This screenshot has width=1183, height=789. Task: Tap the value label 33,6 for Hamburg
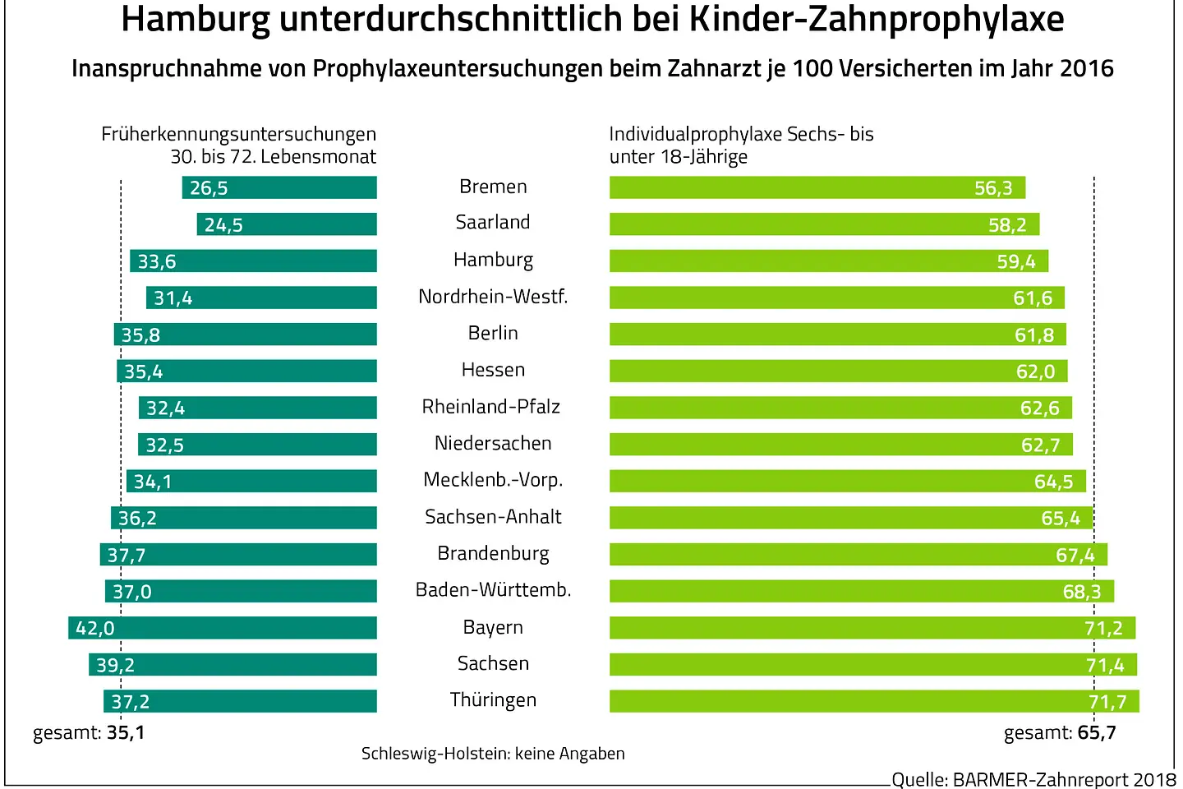point(156,261)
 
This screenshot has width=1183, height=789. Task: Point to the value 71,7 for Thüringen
point(1107,702)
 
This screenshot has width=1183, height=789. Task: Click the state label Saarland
point(493,222)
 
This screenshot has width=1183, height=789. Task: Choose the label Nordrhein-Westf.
point(493,296)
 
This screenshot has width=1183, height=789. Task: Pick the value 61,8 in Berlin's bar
point(1033,335)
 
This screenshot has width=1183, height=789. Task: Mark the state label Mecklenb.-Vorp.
point(493,480)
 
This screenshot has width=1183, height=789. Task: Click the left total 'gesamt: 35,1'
point(89,732)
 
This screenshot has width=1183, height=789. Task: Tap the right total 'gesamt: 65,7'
point(1060,732)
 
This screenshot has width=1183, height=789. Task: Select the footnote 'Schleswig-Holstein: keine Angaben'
point(493,754)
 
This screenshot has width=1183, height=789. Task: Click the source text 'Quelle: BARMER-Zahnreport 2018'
point(1033,779)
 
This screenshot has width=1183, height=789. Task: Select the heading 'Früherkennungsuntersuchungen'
point(238,134)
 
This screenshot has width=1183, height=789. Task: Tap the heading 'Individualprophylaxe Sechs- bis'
point(741,134)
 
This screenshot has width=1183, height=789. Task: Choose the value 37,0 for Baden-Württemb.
point(131,592)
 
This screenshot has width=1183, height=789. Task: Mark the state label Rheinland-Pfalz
point(491,407)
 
